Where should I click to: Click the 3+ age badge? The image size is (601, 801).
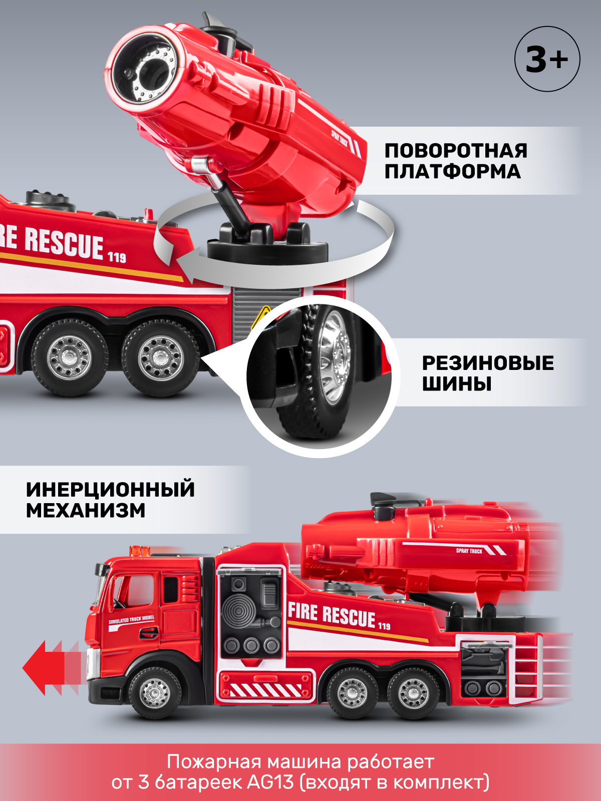(x=547, y=59)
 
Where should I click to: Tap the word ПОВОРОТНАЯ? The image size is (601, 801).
(x=456, y=151)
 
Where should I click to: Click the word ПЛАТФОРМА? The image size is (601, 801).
(x=453, y=172)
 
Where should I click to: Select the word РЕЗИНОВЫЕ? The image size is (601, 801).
(x=488, y=363)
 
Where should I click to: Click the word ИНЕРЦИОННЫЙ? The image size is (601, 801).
(x=110, y=490)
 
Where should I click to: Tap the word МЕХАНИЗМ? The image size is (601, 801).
(x=86, y=511)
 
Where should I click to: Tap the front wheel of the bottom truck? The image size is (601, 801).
(x=155, y=693)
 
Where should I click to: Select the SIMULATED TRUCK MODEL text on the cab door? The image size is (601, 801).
(x=132, y=621)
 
